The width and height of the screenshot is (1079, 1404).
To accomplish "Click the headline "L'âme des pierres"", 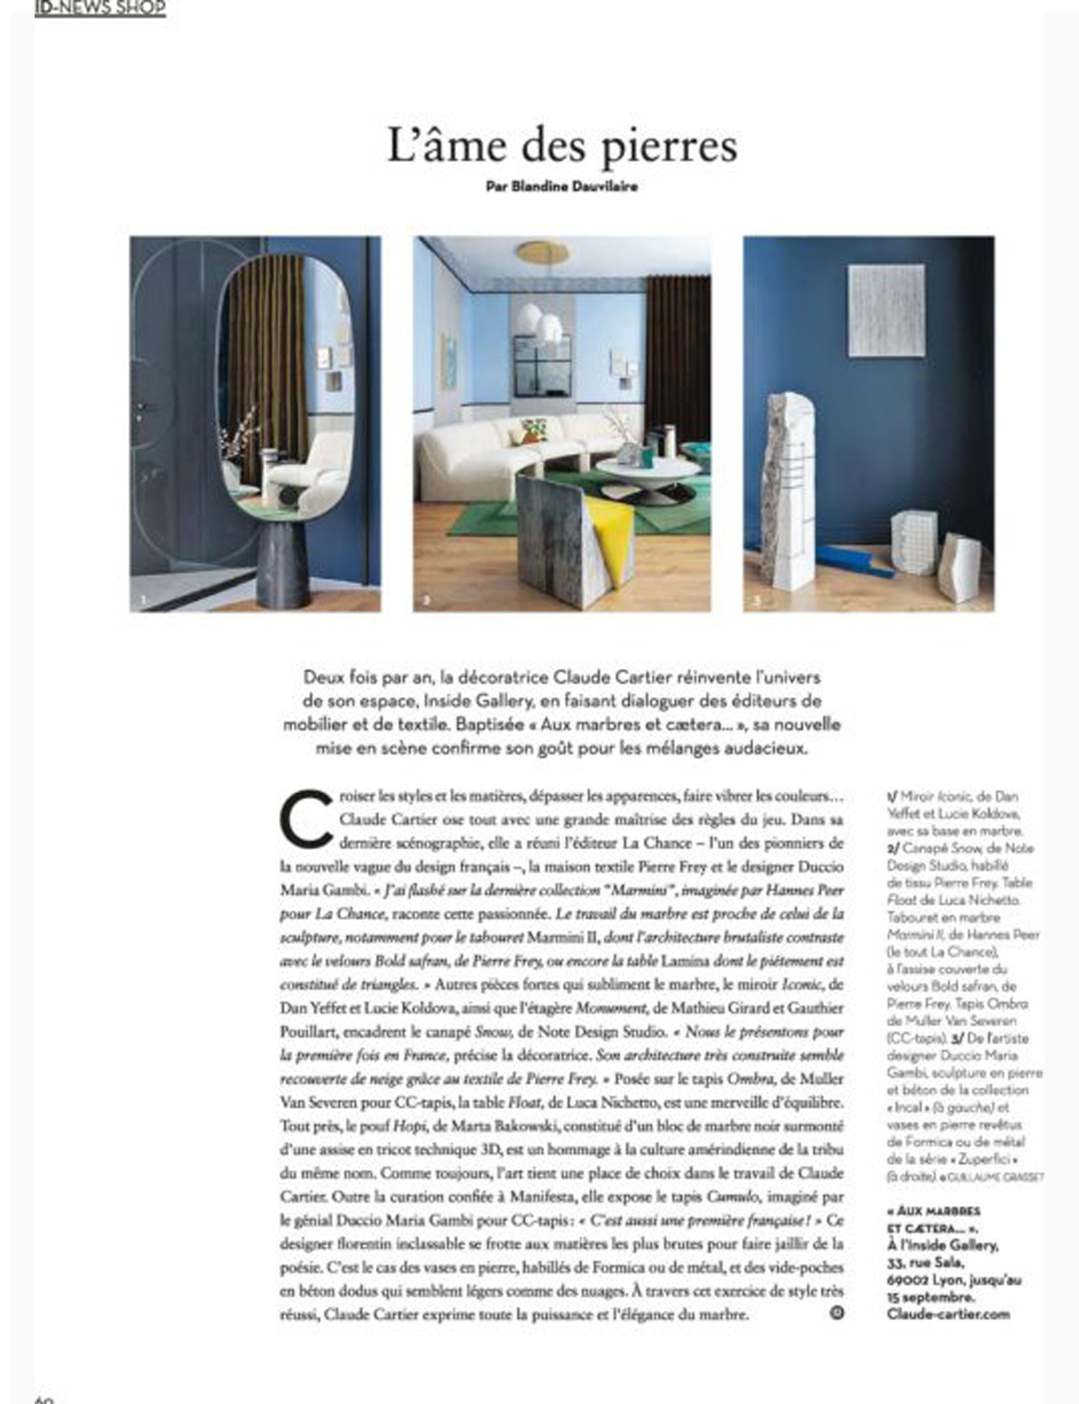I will [x=562, y=146].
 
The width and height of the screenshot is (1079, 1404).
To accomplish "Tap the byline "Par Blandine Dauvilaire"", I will [x=562, y=187].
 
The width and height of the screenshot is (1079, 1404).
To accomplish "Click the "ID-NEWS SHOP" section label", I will [x=100, y=8].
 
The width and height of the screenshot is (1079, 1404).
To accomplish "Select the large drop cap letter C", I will [x=306, y=818].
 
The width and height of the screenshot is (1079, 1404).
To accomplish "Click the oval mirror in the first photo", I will [x=285, y=385].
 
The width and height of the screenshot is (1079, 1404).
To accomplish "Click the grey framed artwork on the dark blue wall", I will [x=886, y=311].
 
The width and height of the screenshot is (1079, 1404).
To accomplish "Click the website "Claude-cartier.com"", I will [x=948, y=1314].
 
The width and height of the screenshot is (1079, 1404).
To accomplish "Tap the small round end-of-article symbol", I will [x=837, y=1312].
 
